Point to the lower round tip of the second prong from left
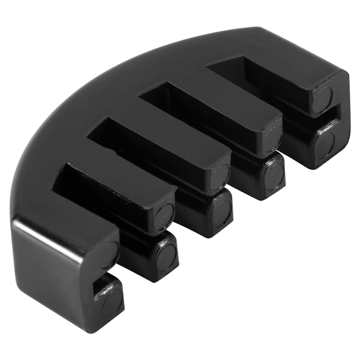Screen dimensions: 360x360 click(166, 255)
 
